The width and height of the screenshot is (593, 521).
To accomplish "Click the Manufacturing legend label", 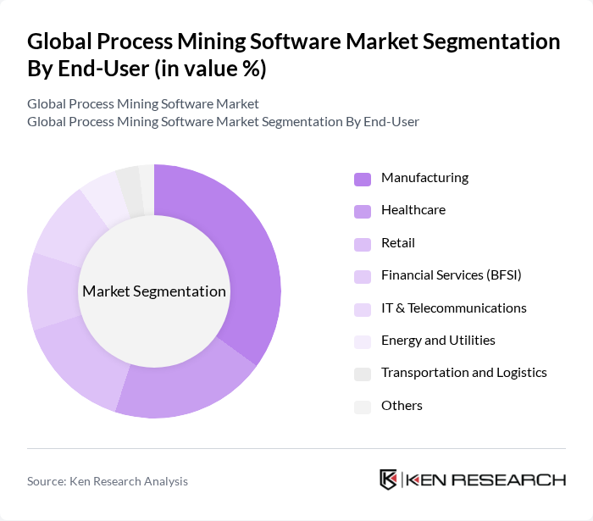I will [x=424, y=178].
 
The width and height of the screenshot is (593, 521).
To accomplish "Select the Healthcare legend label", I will [x=413, y=210].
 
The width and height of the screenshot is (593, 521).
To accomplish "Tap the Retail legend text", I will [x=398, y=243].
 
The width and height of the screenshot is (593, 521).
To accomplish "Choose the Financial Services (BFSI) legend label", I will [x=451, y=275].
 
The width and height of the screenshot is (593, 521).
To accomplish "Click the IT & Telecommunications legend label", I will [x=453, y=308].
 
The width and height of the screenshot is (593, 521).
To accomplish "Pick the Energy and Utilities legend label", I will [x=438, y=341].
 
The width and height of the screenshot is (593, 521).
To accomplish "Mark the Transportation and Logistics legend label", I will [x=463, y=373].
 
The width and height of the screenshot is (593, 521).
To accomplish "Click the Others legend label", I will [x=402, y=406].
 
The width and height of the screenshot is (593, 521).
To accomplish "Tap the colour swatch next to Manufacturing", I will [x=363, y=179].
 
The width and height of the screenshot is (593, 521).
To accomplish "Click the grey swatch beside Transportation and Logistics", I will [x=363, y=374].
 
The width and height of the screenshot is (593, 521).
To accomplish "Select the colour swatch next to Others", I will [x=363, y=407].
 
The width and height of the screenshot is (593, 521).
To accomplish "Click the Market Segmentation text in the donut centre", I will [x=154, y=291].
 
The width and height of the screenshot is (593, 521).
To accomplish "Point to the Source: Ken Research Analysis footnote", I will [x=108, y=481].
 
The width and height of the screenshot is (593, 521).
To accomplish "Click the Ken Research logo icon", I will [x=388, y=479].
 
